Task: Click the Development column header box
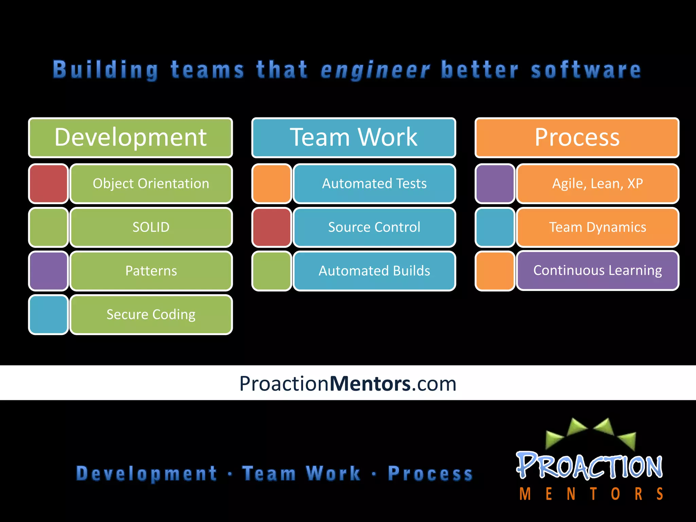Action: [x=130, y=138]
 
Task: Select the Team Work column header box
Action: [x=353, y=138]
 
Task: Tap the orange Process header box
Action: [x=577, y=138]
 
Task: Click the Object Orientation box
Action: [x=151, y=184]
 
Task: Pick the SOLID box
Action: [x=151, y=227]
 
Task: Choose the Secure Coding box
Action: [x=151, y=314]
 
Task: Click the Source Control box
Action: [x=374, y=227]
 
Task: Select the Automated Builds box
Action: [x=374, y=271]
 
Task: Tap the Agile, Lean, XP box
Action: [x=597, y=184]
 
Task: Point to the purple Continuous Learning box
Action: [x=597, y=271]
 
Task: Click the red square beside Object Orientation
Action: [x=49, y=184]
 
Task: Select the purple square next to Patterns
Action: [x=49, y=271]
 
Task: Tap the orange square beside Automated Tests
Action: [x=272, y=184]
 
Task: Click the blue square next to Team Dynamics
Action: [x=495, y=227]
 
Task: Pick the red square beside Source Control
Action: [x=272, y=227]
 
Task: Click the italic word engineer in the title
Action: [x=375, y=70]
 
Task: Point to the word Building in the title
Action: [x=106, y=70]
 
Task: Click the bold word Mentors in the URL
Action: [x=370, y=384]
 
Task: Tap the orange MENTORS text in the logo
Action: [x=591, y=494]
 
